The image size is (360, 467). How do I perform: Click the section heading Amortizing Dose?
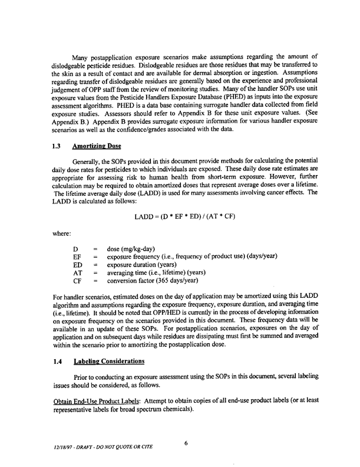tap(98, 150)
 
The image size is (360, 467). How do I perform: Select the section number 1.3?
tap(57, 150)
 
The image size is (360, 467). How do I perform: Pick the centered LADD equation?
tap(185, 216)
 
